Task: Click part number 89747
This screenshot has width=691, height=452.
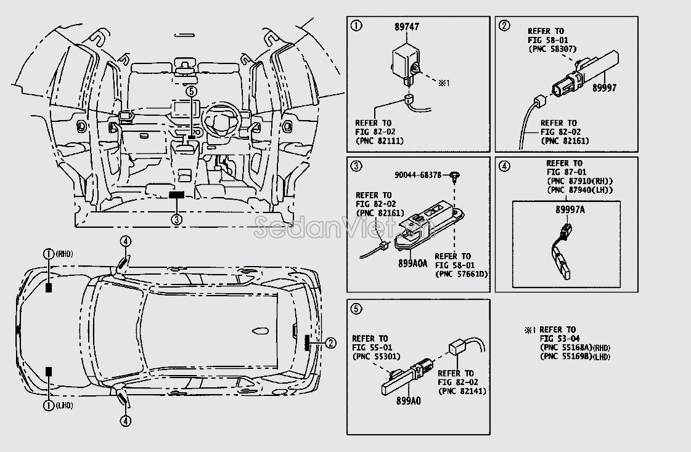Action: tap(407, 27)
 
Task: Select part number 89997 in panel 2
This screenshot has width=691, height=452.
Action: tap(604, 88)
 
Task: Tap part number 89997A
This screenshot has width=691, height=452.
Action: tap(570, 210)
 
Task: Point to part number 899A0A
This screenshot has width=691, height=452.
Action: tap(412, 263)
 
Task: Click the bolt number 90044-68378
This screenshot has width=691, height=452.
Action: tap(418, 175)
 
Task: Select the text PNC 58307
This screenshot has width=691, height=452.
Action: tap(555, 49)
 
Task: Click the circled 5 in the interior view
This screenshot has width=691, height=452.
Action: tap(191, 91)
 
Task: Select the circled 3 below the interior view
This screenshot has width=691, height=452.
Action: tap(177, 219)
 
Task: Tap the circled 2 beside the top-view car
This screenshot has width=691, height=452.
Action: tap(332, 343)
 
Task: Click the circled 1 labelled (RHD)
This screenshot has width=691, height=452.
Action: tap(49, 254)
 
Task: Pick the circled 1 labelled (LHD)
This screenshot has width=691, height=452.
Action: tap(48, 405)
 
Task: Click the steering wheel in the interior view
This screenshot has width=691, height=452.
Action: tap(219, 119)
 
